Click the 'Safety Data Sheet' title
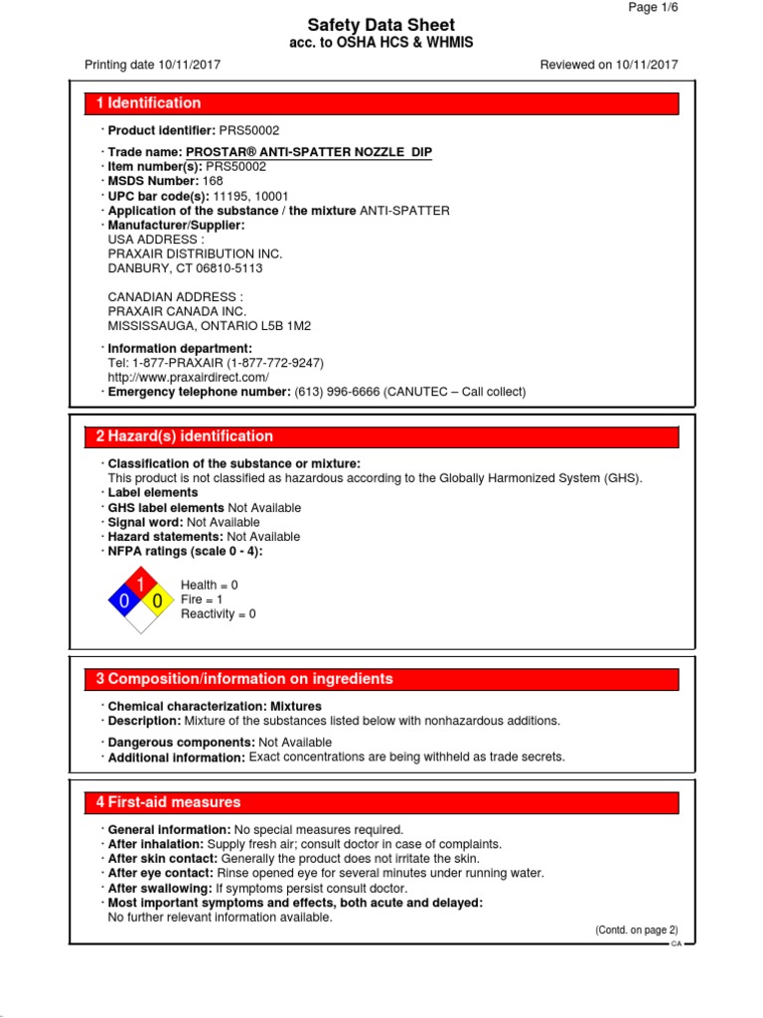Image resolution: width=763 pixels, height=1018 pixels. [x=381, y=25]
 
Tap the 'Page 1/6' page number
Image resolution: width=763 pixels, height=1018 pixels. [x=654, y=7]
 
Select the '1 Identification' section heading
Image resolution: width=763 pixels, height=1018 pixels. [x=149, y=103]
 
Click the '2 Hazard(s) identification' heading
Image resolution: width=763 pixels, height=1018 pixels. [x=185, y=436]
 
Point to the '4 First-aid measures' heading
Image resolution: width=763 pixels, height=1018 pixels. [x=168, y=802]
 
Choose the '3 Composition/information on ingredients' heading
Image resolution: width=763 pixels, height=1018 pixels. [x=244, y=679]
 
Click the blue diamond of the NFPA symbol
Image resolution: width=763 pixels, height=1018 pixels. [x=124, y=600]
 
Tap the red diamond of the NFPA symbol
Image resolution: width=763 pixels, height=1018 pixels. [x=141, y=584]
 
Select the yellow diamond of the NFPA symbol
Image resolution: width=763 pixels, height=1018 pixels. [x=158, y=600]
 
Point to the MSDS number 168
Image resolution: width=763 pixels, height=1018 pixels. [x=213, y=181]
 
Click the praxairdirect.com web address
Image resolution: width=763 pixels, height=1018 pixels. [x=188, y=378]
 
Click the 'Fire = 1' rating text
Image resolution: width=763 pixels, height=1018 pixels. [x=203, y=599]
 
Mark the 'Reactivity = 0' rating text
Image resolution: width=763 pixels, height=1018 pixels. [x=219, y=614]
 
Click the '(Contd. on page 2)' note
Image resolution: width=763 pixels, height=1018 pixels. [x=637, y=930]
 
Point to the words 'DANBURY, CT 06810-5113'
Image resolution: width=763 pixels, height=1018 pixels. [x=185, y=268]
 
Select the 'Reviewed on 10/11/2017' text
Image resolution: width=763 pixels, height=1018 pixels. [x=609, y=65]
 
